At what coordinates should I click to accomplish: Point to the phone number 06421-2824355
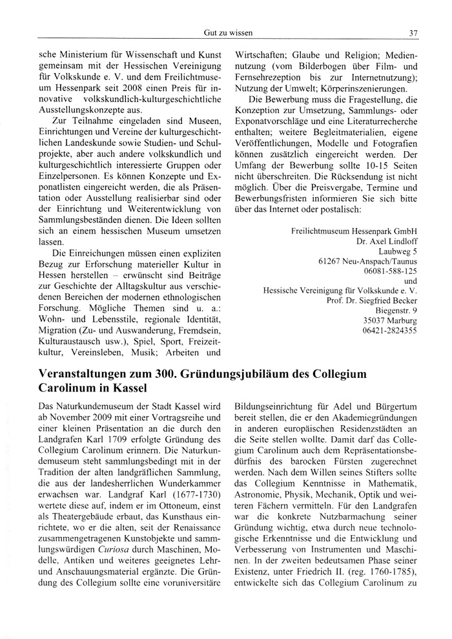(390, 330)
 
